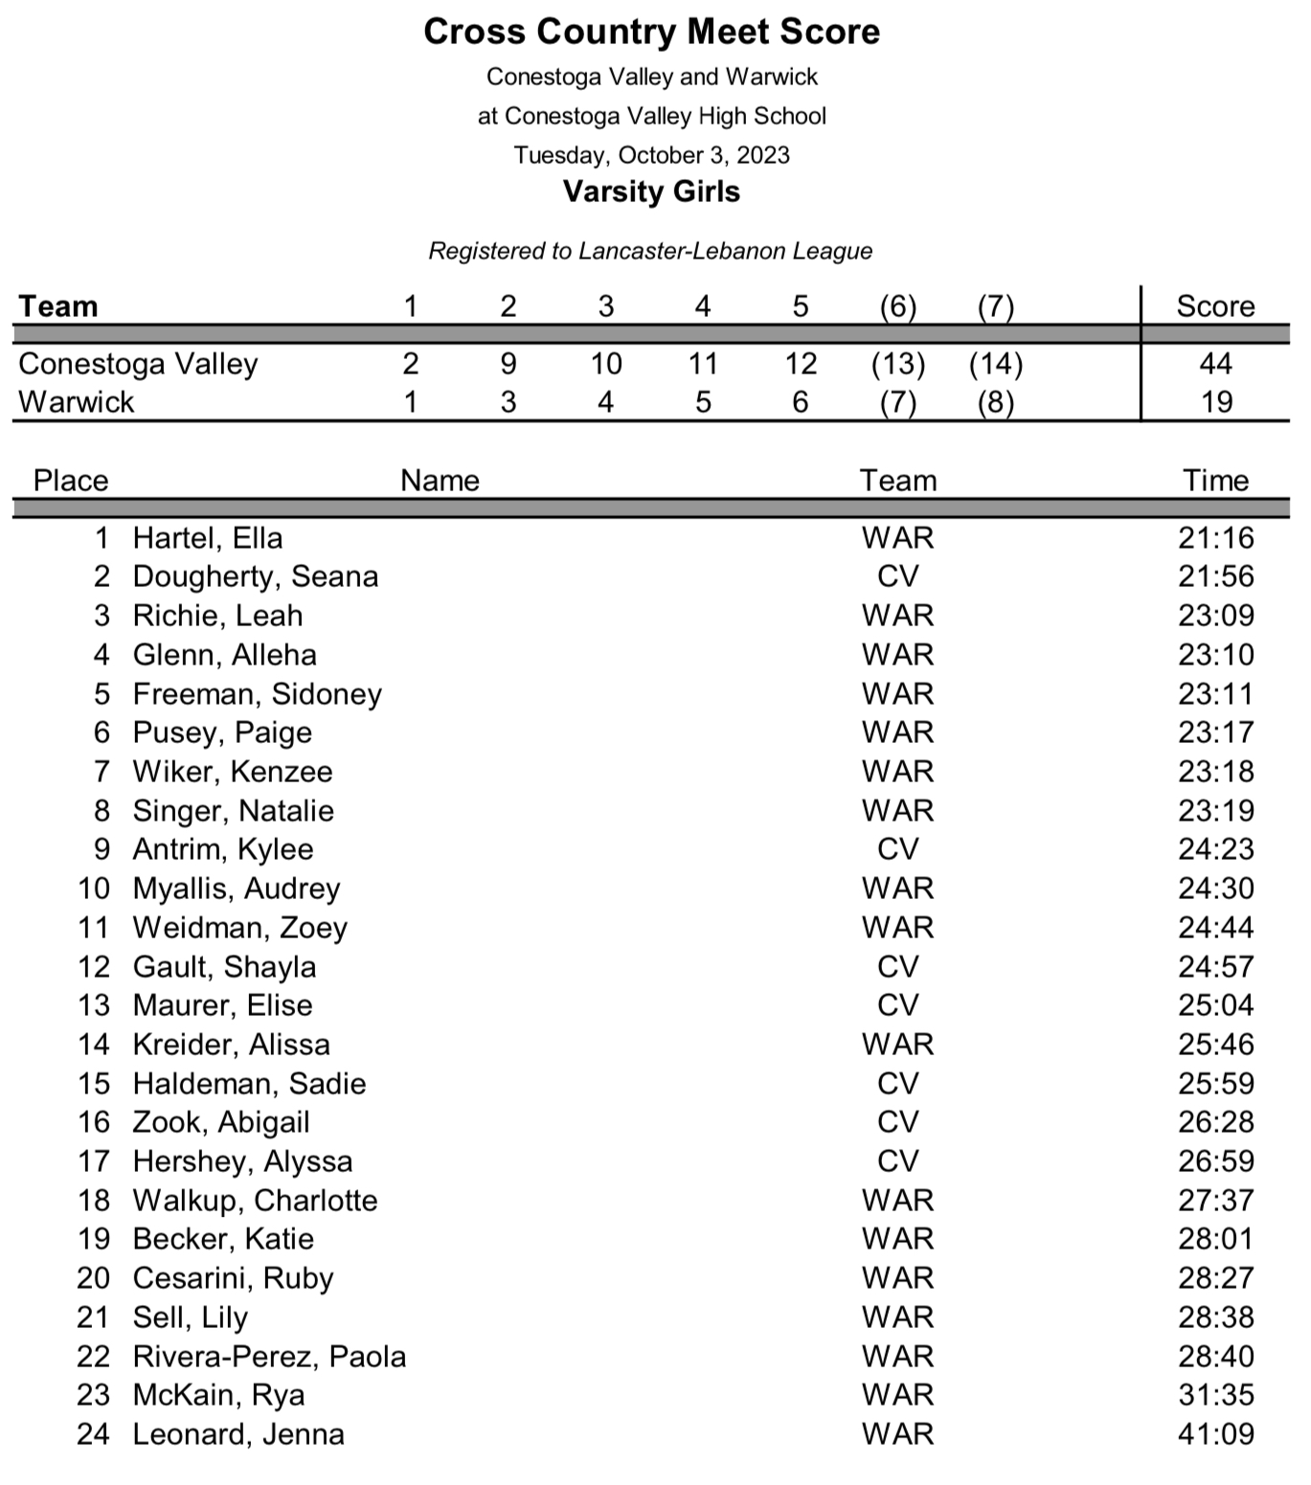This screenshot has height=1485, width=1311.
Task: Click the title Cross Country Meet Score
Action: (x=651, y=32)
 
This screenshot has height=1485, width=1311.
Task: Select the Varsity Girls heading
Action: (x=651, y=191)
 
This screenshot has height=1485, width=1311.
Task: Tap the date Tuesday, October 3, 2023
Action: (x=651, y=155)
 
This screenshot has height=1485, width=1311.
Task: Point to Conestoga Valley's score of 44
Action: (x=1215, y=364)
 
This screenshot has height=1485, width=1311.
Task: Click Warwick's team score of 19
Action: (x=1215, y=402)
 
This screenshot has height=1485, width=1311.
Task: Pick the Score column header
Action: (x=1215, y=306)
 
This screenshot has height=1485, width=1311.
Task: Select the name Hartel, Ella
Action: (x=208, y=538)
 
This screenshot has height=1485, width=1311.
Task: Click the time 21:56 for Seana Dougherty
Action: (x=1215, y=576)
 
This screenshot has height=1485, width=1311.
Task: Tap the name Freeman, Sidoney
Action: (x=257, y=694)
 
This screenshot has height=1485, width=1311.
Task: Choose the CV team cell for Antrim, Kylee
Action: (x=897, y=849)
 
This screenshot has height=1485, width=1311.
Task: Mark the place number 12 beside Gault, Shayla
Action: (x=94, y=967)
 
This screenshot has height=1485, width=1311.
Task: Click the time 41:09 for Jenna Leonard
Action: (x=1215, y=1434)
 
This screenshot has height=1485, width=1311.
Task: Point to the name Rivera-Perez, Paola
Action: (x=269, y=1357)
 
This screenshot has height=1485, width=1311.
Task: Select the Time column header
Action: (x=1215, y=481)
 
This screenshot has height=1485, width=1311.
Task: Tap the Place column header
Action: (x=71, y=481)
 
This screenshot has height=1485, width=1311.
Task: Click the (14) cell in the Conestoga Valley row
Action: (x=996, y=364)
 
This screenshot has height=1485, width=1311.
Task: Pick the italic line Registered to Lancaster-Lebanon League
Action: (x=650, y=251)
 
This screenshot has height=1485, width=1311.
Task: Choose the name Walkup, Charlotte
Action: (x=255, y=1201)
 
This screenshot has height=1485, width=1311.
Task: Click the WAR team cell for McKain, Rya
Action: (x=897, y=1395)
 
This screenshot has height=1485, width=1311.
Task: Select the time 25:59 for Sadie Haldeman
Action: (x=1215, y=1084)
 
